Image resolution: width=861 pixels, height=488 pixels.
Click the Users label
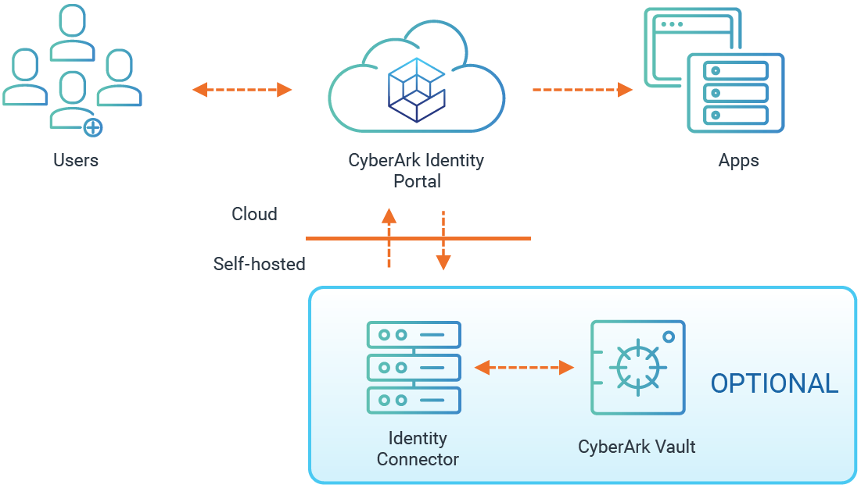(x=76, y=161)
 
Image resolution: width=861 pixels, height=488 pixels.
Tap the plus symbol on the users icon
(x=92, y=126)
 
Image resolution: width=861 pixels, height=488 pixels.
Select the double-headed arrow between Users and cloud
(x=242, y=90)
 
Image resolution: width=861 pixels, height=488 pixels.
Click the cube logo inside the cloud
(x=415, y=89)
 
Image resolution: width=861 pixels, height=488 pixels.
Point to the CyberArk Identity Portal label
(x=416, y=171)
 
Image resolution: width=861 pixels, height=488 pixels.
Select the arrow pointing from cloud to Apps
(x=582, y=90)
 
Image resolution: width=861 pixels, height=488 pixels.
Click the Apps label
(x=738, y=162)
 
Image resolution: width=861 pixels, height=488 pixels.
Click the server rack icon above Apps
(x=735, y=93)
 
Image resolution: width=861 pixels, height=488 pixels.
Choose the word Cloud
(x=254, y=214)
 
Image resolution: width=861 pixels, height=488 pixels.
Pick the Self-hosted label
(x=259, y=264)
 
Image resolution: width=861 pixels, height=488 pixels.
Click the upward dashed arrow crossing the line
(x=389, y=238)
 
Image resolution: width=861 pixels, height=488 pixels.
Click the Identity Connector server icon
(x=414, y=367)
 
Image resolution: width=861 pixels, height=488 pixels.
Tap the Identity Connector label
(x=418, y=448)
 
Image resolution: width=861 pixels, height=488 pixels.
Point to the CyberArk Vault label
(x=637, y=447)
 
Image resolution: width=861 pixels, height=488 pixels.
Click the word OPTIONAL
(x=774, y=383)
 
